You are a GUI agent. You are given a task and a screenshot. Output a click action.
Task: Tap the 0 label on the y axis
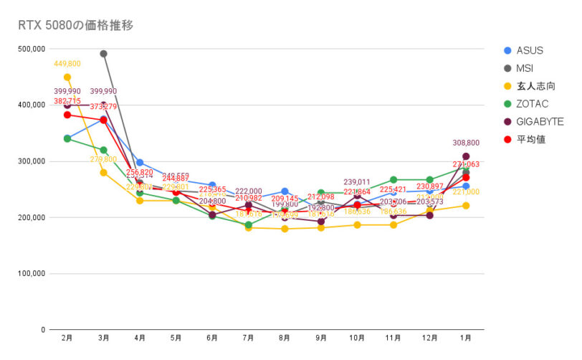tap(44, 329)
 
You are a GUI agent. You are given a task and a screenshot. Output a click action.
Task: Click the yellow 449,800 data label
tap(67, 64)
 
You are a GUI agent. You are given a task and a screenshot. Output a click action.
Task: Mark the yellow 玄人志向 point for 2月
tap(67, 77)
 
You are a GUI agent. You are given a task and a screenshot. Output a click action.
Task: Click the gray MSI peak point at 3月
tap(104, 54)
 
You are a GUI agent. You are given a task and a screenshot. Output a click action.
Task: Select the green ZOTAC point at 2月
tap(67, 138)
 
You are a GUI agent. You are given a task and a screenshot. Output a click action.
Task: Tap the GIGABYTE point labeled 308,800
tap(466, 156)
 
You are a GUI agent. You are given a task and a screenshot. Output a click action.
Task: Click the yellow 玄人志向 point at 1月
tap(466, 206)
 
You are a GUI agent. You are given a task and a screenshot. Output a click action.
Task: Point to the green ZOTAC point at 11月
tap(393, 179)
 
